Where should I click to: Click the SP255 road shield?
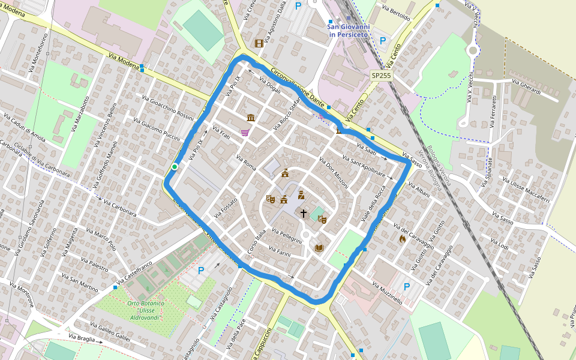pyautogui.click(x=381, y=76)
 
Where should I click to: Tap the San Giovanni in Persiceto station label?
pyautogui.click(x=349, y=31)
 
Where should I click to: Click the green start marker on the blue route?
pyautogui.click(x=174, y=167)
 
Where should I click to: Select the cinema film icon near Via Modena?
pyautogui.click(x=259, y=43)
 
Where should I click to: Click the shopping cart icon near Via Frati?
pyautogui.click(x=245, y=133)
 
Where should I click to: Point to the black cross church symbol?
pyautogui.click(x=304, y=213)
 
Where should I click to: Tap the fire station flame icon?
pyautogui.click(x=402, y=239)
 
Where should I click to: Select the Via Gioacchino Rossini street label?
pyautogui.click(x=168, y=107)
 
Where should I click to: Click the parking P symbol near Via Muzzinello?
pyautogui.click(x=406, y=287)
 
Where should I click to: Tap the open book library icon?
pyautogui.click(x=319, y=248)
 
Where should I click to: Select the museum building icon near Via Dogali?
pyautogui.click(x=250, y=117)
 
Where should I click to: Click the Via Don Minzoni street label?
pyautogui.click(x=334, y=173)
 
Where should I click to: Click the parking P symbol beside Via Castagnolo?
pyautogui.click(x=201, y=271)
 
